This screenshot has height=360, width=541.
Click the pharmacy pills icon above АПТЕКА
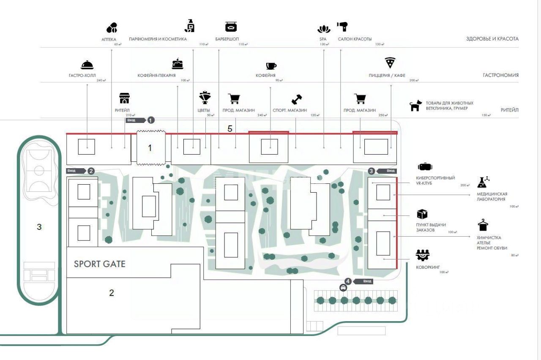[x=112, y=28]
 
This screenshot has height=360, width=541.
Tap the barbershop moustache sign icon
[x=231, y=27]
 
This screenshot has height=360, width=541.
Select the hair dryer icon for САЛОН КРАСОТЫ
[x=342, y=27]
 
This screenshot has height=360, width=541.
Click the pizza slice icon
[x=390, y=63]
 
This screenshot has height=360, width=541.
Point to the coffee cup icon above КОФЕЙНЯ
[x=271, y=65]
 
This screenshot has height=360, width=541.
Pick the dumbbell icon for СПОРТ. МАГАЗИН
[x=297, y=99]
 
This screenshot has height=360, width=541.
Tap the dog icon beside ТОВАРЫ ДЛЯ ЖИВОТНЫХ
[x=416, y=106]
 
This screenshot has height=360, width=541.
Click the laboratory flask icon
[x=483, y=182]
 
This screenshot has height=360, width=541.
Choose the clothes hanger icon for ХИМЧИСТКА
[x=483, y=225]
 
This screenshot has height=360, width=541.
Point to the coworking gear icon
[x=422, y=255]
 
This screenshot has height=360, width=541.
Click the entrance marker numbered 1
[x=151, y=120]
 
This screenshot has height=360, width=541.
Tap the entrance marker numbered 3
[x=372, y=171]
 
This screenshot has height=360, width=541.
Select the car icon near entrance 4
[x=343, y=288]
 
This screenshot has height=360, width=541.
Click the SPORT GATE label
[x=100, y=264]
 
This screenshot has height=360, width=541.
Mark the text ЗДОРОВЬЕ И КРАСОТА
[x=492, y=39]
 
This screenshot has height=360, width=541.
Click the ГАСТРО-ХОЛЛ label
[x=82, y=76]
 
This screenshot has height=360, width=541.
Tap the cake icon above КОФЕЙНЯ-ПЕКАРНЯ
[x=178, y=64]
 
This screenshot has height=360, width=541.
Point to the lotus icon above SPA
[x=324, y=30]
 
